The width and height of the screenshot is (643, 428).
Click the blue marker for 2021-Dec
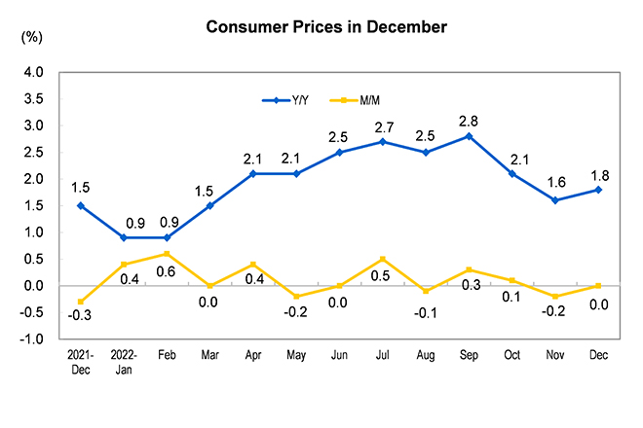tap(80, 205)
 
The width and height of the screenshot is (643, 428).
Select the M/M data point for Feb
tap(168, 254)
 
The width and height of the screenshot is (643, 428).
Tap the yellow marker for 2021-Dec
tap(80, 302)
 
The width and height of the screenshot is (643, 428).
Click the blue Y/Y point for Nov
tap(555, 200)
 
